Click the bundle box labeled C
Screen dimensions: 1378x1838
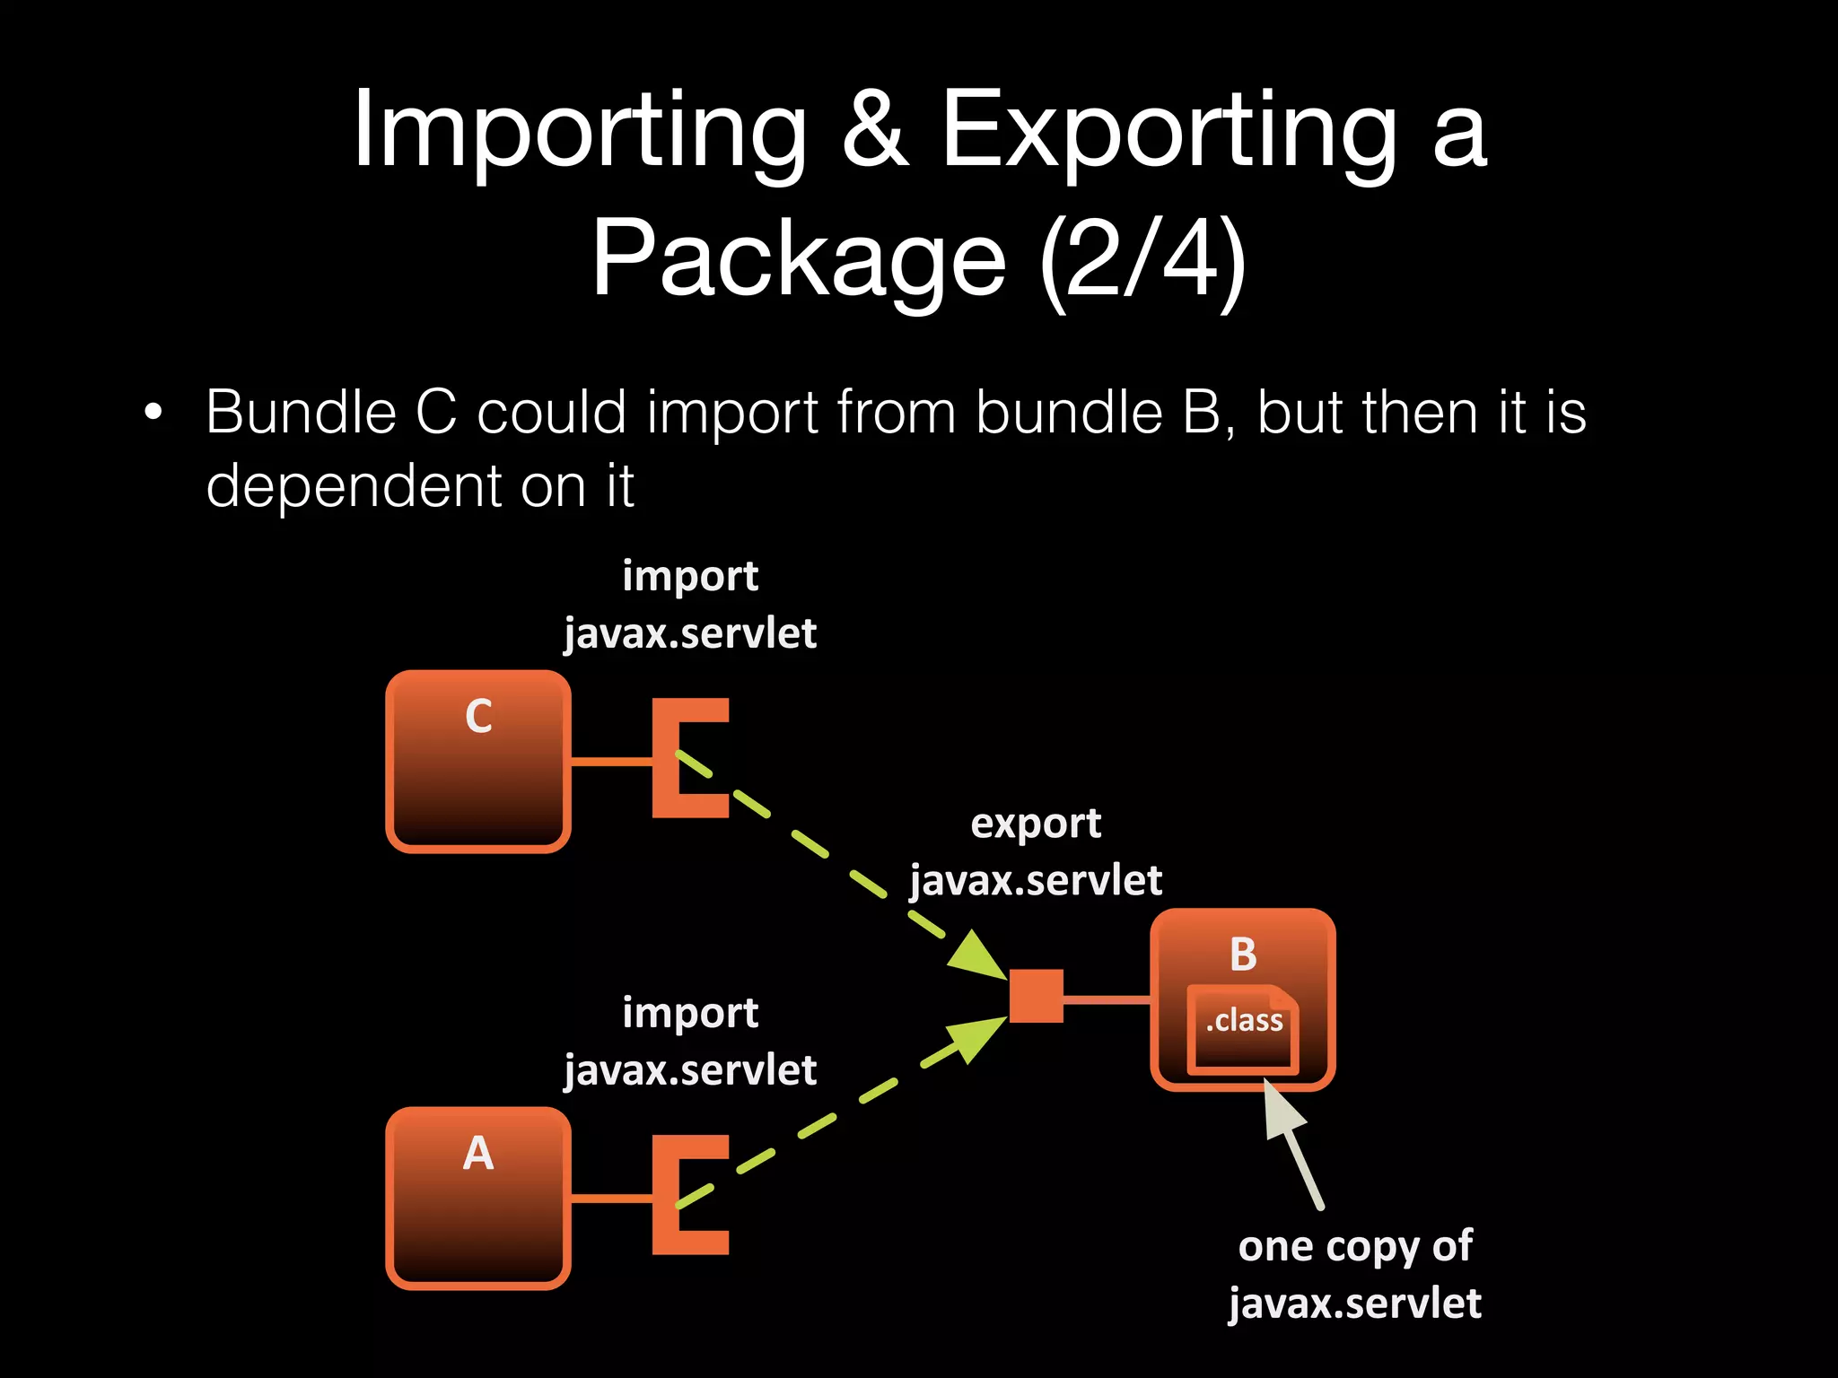478,761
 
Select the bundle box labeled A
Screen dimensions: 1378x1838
478,1198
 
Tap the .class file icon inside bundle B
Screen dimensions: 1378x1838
1243,1029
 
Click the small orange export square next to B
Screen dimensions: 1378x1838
1036,996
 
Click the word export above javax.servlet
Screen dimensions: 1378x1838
1036,824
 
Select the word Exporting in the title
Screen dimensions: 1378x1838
1168,130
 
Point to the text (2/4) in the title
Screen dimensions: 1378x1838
1142,259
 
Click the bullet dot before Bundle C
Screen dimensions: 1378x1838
153,413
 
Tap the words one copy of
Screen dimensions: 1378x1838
1354,1246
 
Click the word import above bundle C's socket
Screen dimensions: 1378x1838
690,576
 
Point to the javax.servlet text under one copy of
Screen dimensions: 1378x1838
1354,1304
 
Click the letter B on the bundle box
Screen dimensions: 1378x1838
1243,955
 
